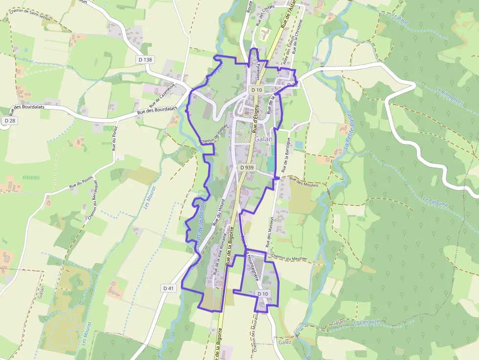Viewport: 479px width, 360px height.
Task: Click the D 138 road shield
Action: pyautogui.click(x=145, y=59)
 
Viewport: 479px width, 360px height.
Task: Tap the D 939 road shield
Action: pyautogui.click(x=247, y=168)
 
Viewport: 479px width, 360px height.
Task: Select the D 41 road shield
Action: pyautogui.click(x=168, y=288)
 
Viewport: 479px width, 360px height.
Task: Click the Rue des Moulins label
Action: pyautogui.click(x=304, y=181)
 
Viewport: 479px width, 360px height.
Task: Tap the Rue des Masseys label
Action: pyautogui.click(x=269, y=233)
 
